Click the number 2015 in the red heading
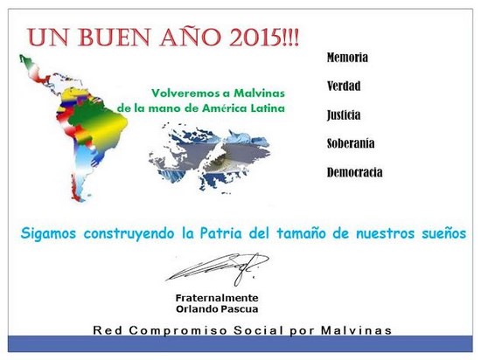point(254,38)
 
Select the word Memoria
point(347,58)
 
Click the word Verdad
point(344,87)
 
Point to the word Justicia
point(344,115)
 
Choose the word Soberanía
point(351,143)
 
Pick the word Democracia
point(354,172)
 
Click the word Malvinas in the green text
point(259,93)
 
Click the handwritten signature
point(217,268)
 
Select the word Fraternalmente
point(217,298)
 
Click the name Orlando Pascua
point(217,308)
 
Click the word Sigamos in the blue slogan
point(48,234)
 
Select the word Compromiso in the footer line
point(178,331)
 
